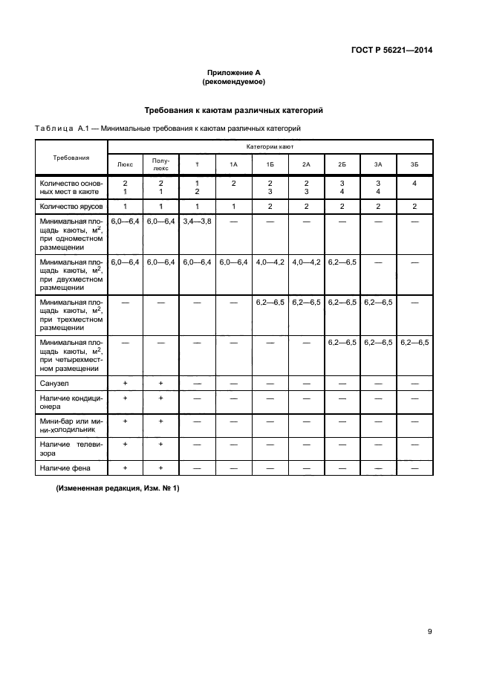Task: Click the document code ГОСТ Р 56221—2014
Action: [x=391, y=51]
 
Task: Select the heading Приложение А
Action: [x=233, y=73]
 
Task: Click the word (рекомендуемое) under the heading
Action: [x=233, y=82]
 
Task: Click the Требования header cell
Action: [x=71, y=158]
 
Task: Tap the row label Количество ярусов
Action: [x=71, y=206]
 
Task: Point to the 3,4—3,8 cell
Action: [x=197, y=222]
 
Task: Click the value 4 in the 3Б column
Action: [x=414, y=183]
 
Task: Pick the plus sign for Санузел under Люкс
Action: [x=126, y=383]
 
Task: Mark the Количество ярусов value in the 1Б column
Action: [x=270, y=206]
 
